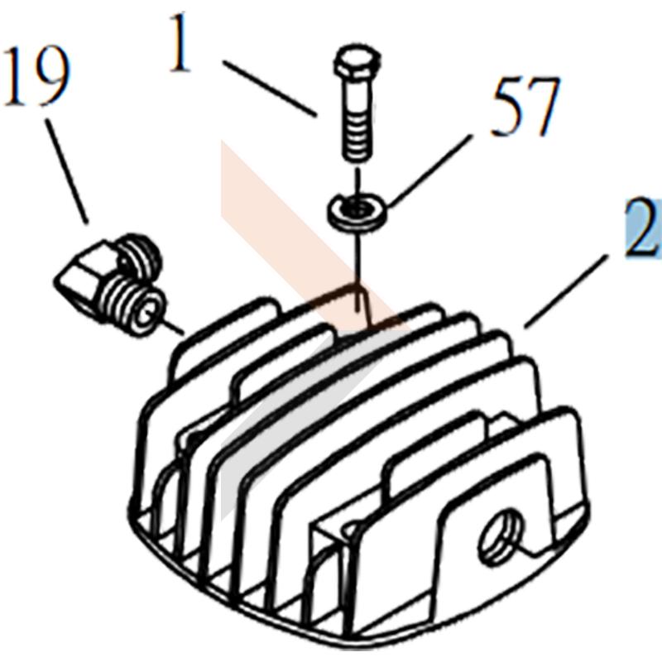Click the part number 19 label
click(x=36, y=76)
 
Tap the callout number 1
click(x=180, y=42)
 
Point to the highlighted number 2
click(x=642, y=228)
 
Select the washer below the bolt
click(x=357, y=211)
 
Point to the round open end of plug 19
click(x=146, y=314)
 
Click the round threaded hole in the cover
click(x=501, y=536)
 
